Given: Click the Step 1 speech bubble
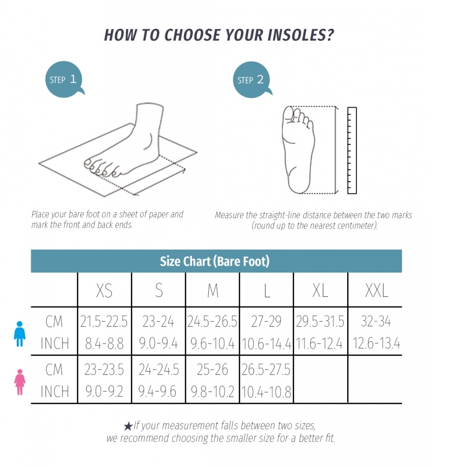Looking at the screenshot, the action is point(63,79).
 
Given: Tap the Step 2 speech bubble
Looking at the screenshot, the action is point(252,80).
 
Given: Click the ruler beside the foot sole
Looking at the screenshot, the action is point(352,151).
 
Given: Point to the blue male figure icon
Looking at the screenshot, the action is point(20,334).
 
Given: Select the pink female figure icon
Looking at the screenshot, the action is point(20,382).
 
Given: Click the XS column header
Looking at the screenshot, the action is point(104,290).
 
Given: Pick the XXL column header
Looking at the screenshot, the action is point(377,290).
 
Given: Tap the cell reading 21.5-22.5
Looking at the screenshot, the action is point(104,322).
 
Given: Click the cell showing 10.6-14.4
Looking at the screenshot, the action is point(267,344).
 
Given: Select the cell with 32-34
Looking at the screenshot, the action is point(376,321).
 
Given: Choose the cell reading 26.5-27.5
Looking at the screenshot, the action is point(266,370).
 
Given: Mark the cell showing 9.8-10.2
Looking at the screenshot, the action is point(212,392).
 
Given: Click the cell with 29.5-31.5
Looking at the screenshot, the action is point(320,322).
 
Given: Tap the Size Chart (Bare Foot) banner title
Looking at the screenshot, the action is point(214,261).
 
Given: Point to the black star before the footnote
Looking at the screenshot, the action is point(128,426).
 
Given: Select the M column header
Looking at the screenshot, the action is point(213,290).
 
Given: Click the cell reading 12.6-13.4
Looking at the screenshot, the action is point(376,343).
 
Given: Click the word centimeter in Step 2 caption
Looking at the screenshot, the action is point(357,226).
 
